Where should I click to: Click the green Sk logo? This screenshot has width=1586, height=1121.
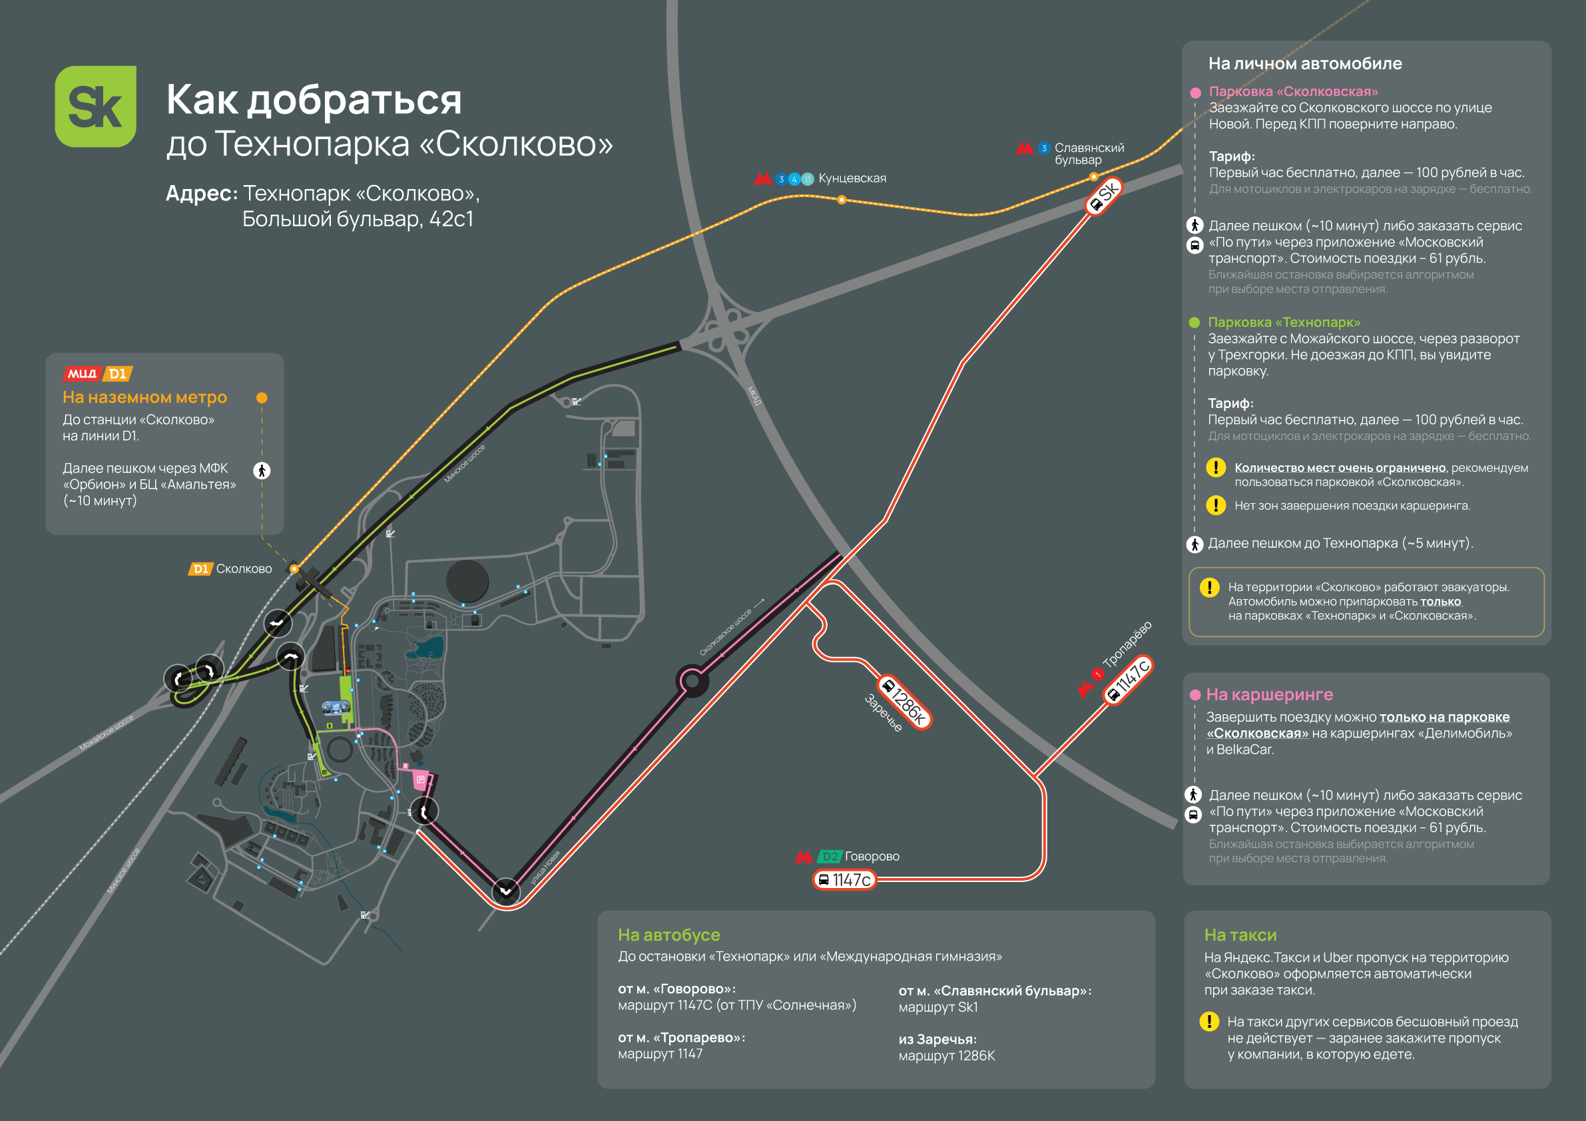coord(95,107)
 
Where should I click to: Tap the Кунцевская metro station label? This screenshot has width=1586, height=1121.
coord(852,178)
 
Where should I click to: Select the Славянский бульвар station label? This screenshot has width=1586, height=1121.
coord(1089,153)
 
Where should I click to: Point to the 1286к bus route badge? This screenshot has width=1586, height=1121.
coord(904,701)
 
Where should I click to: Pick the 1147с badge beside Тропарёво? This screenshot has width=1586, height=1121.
coord(1128,680)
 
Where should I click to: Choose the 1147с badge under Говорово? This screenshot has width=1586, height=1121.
coord(844,880)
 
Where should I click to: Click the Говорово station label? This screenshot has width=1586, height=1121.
coord(872,857)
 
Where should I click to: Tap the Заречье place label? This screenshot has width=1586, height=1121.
coord(884,713)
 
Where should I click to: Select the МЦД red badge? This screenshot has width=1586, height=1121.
coord(82,373)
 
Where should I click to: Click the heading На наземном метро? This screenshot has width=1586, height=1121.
coord(144,397)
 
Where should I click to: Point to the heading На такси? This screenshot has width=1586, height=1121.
coord(1240,935)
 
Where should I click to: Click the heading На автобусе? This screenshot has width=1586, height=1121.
coord(668,935)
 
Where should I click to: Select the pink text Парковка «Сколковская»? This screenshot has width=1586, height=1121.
coord(1293,91)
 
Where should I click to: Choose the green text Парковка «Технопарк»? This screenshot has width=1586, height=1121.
coord(1284,322)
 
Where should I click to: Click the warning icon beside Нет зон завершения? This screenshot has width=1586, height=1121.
coord(1215,505)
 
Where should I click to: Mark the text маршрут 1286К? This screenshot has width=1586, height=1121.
coord(946,1055)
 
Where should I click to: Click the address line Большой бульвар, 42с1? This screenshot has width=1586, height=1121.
coord(358,219)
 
